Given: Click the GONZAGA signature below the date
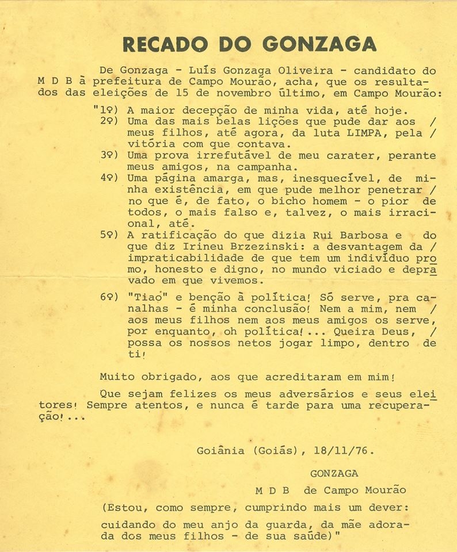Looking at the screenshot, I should click(x=334, y=473).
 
